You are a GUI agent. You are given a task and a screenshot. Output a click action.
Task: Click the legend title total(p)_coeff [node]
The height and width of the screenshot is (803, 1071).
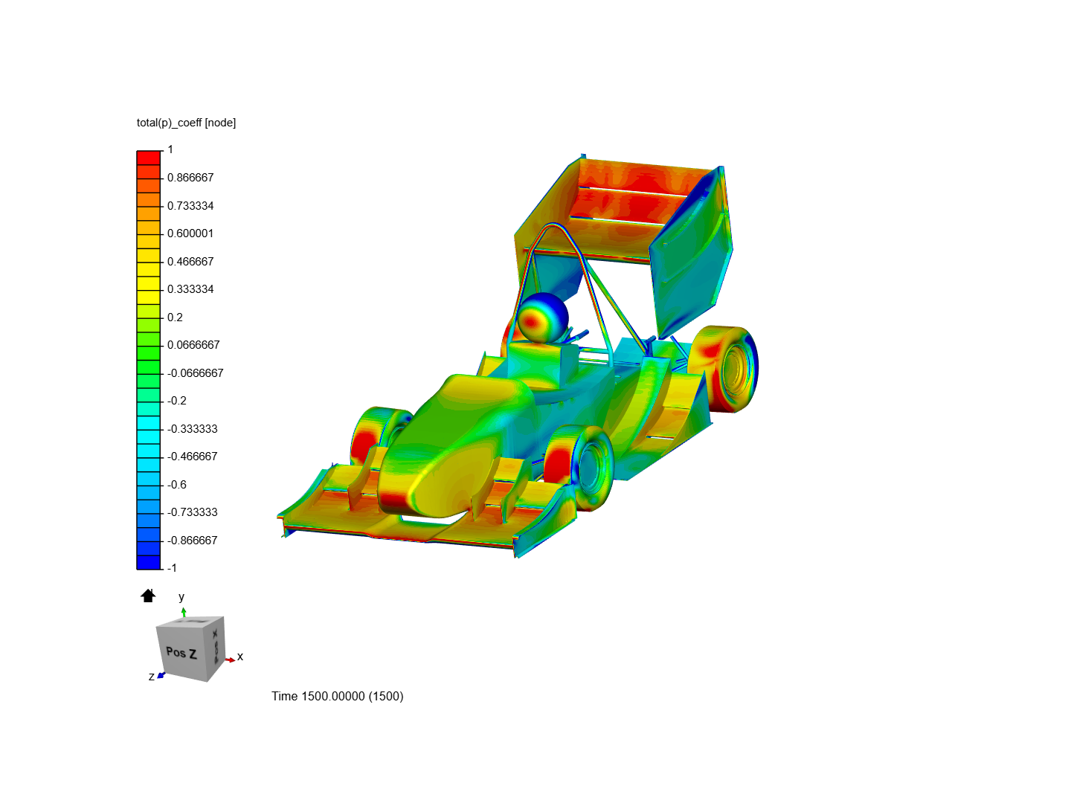click(186, 123)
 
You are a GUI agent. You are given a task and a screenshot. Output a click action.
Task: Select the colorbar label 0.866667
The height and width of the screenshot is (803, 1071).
click(190, 178)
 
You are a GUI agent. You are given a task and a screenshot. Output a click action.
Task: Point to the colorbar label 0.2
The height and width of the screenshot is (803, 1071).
click(175, 317)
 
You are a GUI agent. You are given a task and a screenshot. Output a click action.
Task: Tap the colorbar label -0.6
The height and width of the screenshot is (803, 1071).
click(177, 485)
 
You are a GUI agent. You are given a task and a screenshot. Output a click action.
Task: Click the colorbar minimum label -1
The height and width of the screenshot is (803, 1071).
click(172, 568)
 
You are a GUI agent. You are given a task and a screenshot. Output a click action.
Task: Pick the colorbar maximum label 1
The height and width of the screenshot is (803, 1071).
click(170, 149)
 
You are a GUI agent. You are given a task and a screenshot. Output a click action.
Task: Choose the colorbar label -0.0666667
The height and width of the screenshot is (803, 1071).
click(195, 373)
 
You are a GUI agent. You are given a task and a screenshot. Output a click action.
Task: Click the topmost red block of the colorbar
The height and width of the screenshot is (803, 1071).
click(149, 158)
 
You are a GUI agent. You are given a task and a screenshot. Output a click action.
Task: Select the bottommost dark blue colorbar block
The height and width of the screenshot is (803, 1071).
click(149, 562)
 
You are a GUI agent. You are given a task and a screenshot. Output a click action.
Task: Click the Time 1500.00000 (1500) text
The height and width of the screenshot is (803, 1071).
click(337, 697)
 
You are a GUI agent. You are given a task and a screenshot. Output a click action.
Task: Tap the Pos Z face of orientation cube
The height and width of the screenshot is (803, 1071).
click(181, 653)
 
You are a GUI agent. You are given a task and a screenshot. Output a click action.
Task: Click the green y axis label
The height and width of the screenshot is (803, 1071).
click(181, 597)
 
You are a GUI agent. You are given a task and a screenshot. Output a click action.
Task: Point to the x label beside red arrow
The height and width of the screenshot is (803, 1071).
click(240, 657)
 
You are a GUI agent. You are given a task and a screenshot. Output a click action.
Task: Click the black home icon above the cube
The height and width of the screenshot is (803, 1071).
click(148, 596)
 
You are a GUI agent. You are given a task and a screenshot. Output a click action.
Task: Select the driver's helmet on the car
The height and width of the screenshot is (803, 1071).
click(542, 317)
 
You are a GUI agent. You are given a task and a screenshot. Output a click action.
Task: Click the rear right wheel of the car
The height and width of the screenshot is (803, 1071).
click(723, 368)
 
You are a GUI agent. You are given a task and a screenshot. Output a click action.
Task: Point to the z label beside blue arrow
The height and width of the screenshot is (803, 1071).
click(152, 677)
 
